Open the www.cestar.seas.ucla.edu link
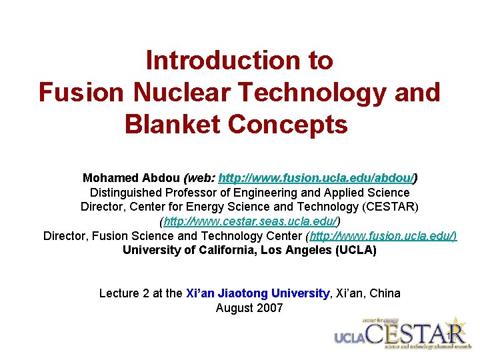click(250, 221)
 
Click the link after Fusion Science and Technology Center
click(381, 236)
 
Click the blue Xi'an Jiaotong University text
click(258, 293)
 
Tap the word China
click(385, 293)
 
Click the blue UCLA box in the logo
click(349, 337)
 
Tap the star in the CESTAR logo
click(458, 325)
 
